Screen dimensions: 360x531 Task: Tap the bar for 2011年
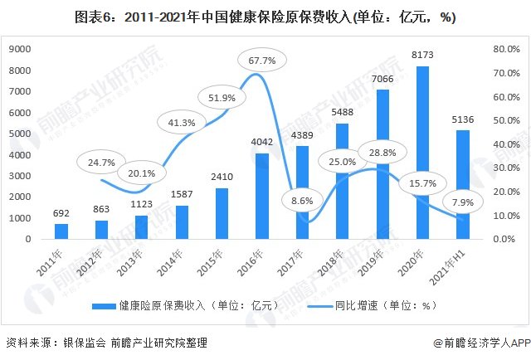[x=61, y=231]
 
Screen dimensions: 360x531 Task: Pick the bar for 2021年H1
[x=463, y=184]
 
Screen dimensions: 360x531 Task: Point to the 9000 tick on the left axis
[x=19, y=49]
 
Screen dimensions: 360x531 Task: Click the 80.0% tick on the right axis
[x=506, y=49]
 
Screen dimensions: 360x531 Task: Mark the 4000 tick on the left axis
[x=19, y=154]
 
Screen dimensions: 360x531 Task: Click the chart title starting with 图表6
[x=265, y=17]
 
